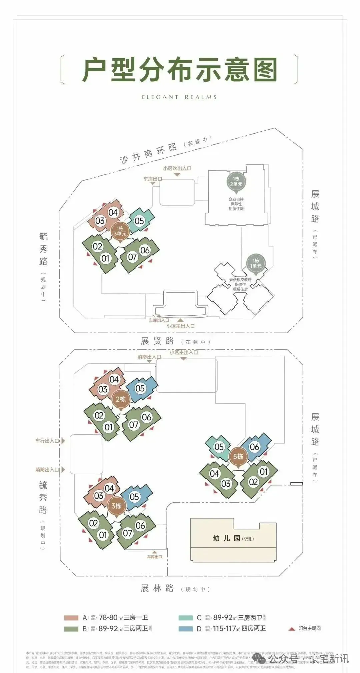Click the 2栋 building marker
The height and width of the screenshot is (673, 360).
(x=120, y=399)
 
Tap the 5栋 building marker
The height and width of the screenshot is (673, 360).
(x=238, y=456)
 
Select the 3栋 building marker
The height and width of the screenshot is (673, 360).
(x=116, y=506)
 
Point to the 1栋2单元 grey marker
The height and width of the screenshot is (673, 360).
(x=236, y=182)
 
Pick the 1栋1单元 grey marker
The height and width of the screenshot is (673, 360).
(x=256, y=263)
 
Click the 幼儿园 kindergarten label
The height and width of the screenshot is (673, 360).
(x=227, y=538)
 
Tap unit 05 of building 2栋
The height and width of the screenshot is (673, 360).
(x=140, y=388)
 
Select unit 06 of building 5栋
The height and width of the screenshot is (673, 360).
(x=254, y=447)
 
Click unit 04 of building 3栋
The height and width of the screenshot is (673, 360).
(x=109, y=488)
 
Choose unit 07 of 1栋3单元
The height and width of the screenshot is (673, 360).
(x=132, y=257)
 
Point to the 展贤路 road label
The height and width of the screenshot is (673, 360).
(x=157, y=341)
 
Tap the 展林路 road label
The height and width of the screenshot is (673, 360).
(x=157, y=588)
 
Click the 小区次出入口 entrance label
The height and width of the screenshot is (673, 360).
(x=177, y=169)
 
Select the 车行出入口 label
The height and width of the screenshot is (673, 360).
(x=47, y=441)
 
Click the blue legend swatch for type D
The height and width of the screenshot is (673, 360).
(x=185, y=629)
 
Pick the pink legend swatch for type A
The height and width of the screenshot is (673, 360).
(x=71, y=618)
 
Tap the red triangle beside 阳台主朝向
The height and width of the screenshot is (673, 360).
(x=292, y=629)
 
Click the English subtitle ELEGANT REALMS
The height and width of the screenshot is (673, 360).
(x=179, y=97)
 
